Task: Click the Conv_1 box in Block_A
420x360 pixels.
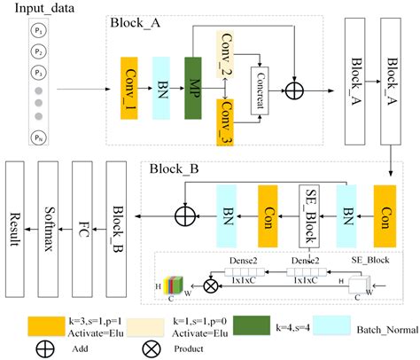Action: pyautogui.click(x=129, y=87)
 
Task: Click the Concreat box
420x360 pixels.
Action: pyautogui.click(x=262, y=87)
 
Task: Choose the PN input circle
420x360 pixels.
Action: pyautogui.click(x=37, y=137)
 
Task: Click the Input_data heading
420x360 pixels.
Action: pyautogui.click(x=39, y=10)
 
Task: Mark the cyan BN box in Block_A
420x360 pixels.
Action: pyautogui.click(x=162, y=87)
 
